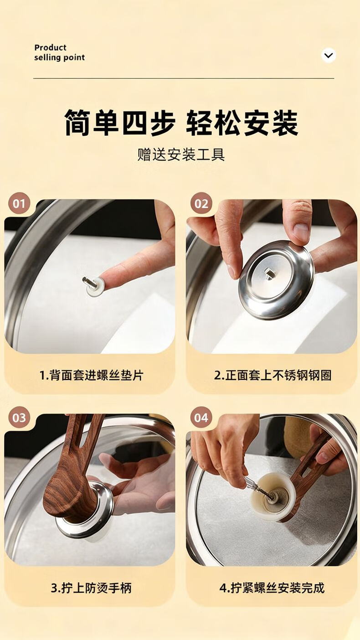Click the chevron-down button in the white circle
pos(329,55)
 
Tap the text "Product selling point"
pos(59,52)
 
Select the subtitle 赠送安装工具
pos(181,155)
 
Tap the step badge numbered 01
pos(19,204)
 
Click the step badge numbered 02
pos(201,204)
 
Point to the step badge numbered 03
pos(19,418)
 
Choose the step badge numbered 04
pos(201,418)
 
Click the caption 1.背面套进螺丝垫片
pos(92,375)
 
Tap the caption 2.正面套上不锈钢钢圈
pos(273,375)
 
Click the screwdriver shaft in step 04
pos(258,489)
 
